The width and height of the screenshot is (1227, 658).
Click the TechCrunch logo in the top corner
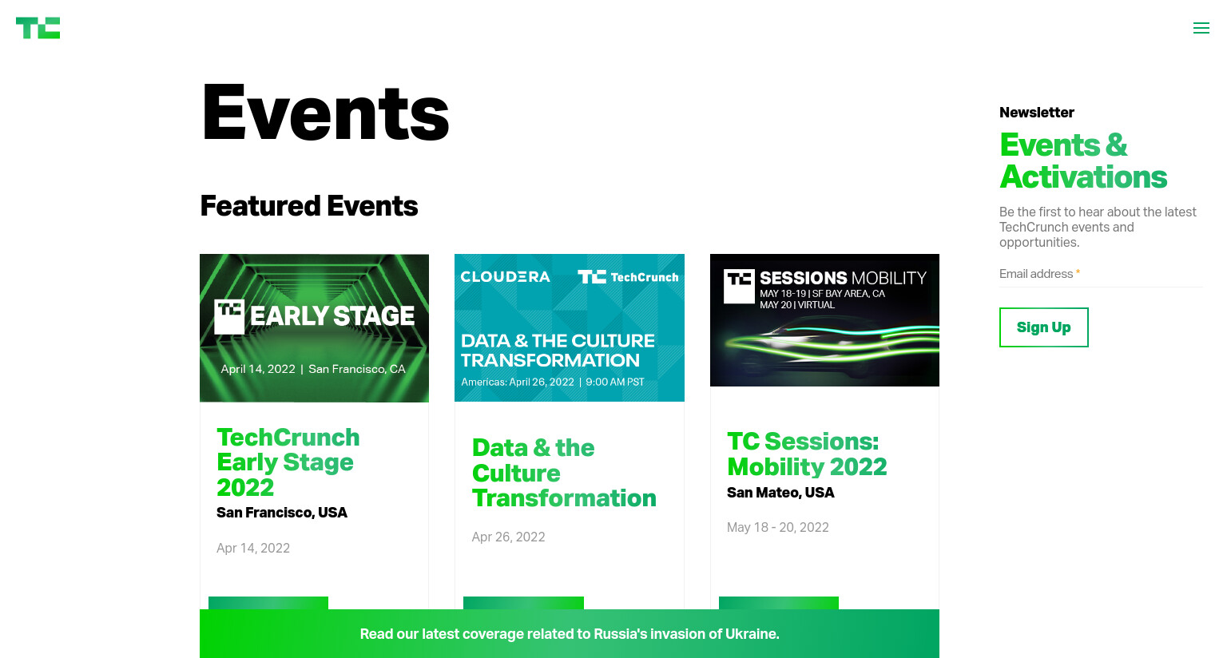pyautogui.click(x=38, y=28)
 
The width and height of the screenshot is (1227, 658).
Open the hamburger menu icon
pyautogui.click(x=1201, y=28)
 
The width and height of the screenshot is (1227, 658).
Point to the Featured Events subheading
pyautogui.click(x=309, y=206)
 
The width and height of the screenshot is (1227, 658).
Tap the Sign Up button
pyautogui.click(x=1043, y=327)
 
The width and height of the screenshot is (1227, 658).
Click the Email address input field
pyautogui.click(x=1101, y=274)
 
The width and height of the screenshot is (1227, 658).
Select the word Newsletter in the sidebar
pyautogui.click(x=1036, y=113)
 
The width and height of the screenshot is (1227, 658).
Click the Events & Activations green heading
pyautogui.click(x=1083, y=161)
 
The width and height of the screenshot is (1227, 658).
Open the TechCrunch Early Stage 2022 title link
pyautogui.click(x=288, y=462)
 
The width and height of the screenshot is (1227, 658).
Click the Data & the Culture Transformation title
pyautogui.click(x=564, y=473)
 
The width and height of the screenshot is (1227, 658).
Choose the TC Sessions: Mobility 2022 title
pyautogui.click(x=807, y=454)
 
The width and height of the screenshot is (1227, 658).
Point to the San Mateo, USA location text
pyautogui.click(x=780, y=493)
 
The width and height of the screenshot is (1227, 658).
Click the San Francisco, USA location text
pyautogui.click(x=281, y=513)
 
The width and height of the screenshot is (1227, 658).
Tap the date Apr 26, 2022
pyautogui.click(x=508, y=537)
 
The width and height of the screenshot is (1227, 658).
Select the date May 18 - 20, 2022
pyautogui.click(x=778, y=527)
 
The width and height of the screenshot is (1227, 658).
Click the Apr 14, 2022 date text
pyautogui.click(x=253, y=548)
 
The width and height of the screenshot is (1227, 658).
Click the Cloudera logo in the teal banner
pyautogui.click(x=505, y=277)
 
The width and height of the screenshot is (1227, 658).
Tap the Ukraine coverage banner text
pyautogui.click(x=569, y=634)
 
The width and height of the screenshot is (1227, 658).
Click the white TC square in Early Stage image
pyautogui.click(x=229, y=316)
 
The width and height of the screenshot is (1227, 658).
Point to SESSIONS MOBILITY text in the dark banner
pyautogui.click(x=843, y=278)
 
